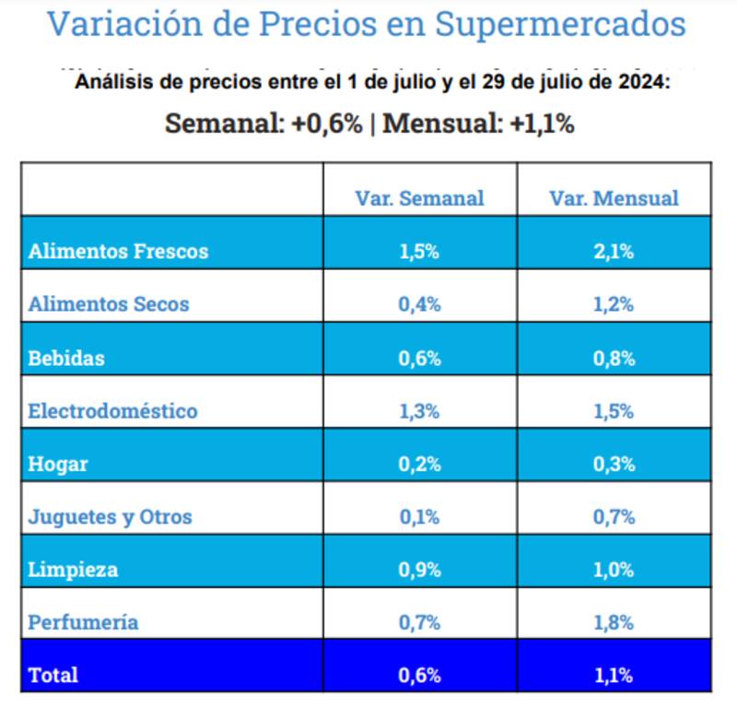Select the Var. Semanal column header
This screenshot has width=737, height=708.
[x=419, y=198]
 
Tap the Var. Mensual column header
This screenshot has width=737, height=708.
[x=614, y=198]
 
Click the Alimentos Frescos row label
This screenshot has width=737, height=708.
[x=119, y=251]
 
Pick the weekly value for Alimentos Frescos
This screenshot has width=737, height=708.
[x=419, y=252]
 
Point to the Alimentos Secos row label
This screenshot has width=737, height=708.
[x=109, y=304]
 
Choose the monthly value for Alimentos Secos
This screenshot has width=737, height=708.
[x=614, y=304]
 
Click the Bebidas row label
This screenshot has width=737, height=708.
[x=66, y=358]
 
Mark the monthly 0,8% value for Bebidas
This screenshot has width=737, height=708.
[x=614, y=358]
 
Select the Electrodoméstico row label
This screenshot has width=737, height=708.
[x=113, y=410]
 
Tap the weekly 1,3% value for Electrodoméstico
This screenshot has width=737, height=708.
[x=419, y=410]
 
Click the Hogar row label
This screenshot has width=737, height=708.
[x=58, y=464]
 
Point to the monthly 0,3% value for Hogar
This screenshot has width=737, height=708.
[x=614, y=464]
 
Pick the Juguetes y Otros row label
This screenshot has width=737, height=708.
[x=111, y=516]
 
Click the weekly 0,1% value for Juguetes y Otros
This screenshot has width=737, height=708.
[x=419, y=516]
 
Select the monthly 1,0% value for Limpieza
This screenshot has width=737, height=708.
[x=614, y=570]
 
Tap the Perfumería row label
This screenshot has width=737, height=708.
[x=84, y=622]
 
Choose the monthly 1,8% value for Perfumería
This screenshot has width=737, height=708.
[x=614, y=622]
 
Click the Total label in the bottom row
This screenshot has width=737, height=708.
[x=53, y=675]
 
